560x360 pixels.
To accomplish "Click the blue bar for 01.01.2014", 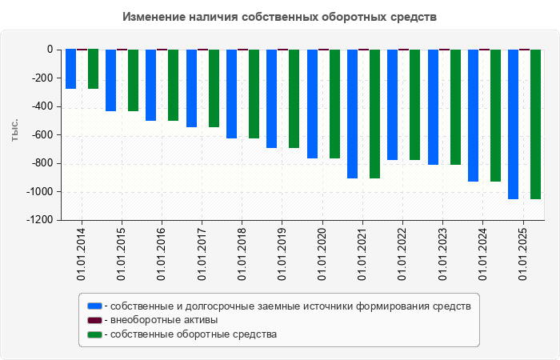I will pos(71,69).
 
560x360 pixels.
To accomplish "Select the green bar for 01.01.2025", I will pos(535,124).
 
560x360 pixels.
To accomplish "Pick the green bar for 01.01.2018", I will pos(254,94).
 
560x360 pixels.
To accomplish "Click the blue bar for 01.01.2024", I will pos(473,115).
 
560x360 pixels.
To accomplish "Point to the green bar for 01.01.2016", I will pos(174,85).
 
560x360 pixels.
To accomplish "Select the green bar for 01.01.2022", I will pos(414,105).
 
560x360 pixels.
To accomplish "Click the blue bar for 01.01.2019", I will pos(272,98).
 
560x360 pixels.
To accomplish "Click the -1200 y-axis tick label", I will pos(38,220).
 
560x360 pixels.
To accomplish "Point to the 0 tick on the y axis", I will pos(50,50).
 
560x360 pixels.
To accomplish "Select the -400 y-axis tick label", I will pos(40,106).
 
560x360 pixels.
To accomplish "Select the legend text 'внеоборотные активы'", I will pos(164,320).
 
